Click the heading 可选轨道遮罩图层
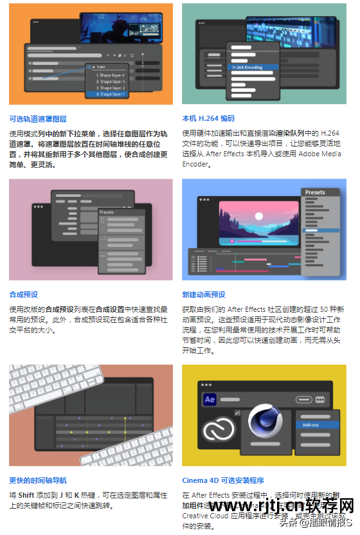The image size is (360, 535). click(38, 119)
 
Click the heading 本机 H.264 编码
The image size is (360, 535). click(208, 119)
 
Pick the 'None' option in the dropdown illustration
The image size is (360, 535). click(102, 66)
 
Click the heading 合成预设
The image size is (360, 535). click(23, 295)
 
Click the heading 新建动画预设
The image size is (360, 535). click(204, 295)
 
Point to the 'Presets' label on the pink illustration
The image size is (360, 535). click(107, 212)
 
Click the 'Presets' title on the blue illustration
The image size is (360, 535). click(315, 192)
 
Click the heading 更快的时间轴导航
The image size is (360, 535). click(38, 480)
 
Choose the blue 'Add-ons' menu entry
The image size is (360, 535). click(311, 425)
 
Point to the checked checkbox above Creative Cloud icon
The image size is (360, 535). click(237, 412)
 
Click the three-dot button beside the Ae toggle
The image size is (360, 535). click(321, 399)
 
